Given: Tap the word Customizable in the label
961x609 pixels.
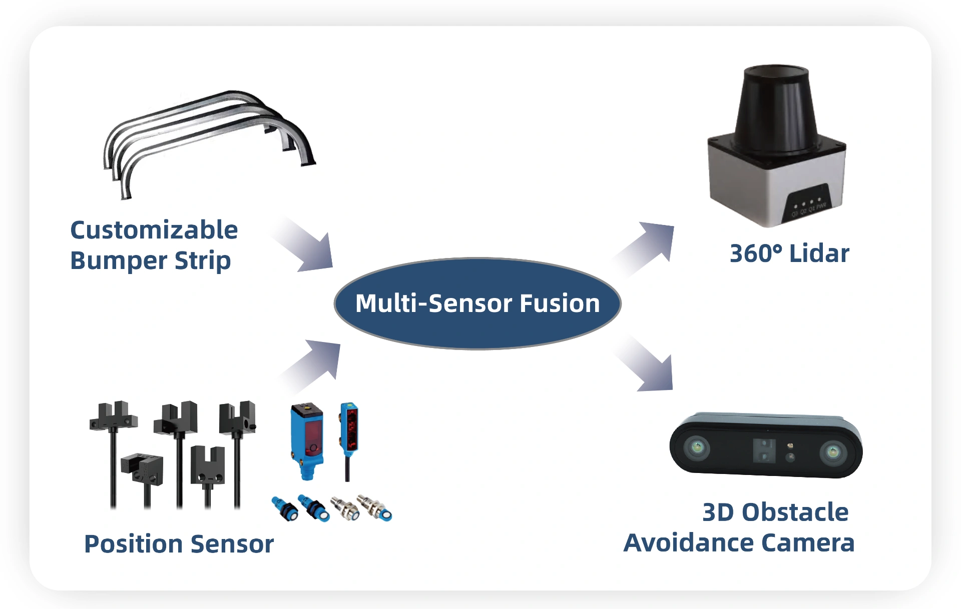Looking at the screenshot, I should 154,230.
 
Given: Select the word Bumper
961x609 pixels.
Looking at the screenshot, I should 119,260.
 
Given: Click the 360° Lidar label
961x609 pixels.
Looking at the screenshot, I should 789,253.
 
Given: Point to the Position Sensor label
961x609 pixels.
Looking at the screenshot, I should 179,544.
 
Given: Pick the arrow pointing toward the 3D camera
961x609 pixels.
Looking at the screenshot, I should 648,365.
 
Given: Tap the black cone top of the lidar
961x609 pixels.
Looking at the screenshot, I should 776,107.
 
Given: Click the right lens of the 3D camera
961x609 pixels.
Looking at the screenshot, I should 833,452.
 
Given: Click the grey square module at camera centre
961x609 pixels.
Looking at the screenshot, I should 764,450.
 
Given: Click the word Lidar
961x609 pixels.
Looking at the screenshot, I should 819,253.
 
